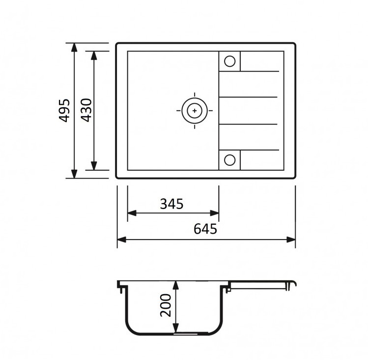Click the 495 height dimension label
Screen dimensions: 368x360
pyautogui.click(x=64, y=111)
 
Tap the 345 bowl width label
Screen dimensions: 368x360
pyautogui.click(x=171, y=204)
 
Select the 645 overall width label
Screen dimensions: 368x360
pyautogui.click(x=205, y=229)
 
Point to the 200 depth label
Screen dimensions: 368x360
pyautogui.click(x=166, y=305)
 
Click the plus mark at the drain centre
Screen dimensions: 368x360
pyautogui.click(x=195, y=111)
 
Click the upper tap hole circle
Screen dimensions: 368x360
pyautogui.click(x=229, y=61)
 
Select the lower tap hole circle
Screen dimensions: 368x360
pyautogui.click(x=229, y=160)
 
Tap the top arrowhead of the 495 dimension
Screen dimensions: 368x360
pyautogui.click(x=74, y=48)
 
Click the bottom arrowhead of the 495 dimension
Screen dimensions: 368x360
pyautogui.click(x=74, y=174)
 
